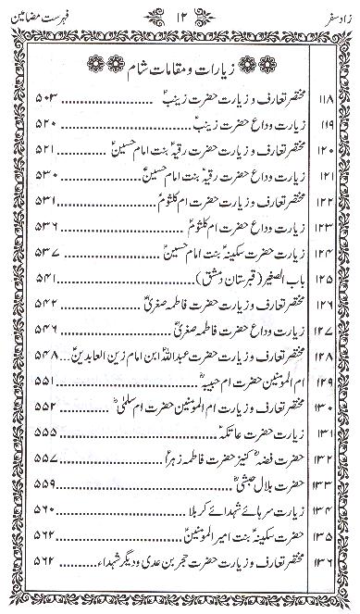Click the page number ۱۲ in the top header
tap(180, 16)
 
